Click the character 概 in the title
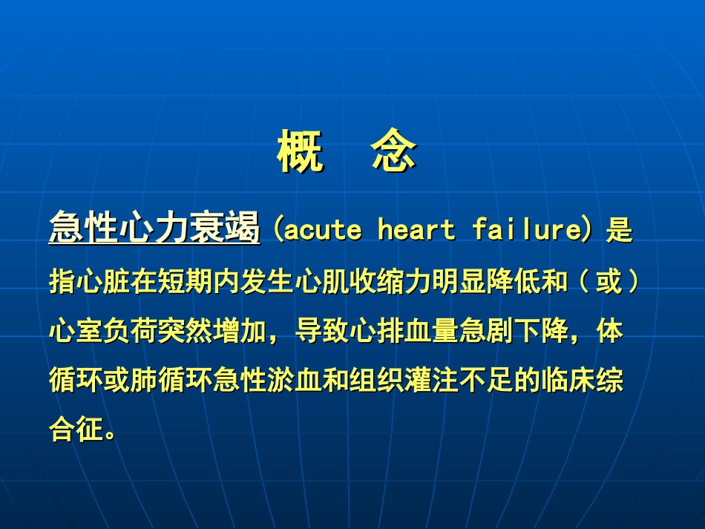pyautogui.click(x=301, y=152)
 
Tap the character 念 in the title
pyautogui.click(x=394, y=152)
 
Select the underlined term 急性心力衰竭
pyautogui.click(x=154, y=228)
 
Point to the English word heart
pyautogui.click(x=416, y=230)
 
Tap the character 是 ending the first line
pyautogui.click(x=619, y=230)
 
